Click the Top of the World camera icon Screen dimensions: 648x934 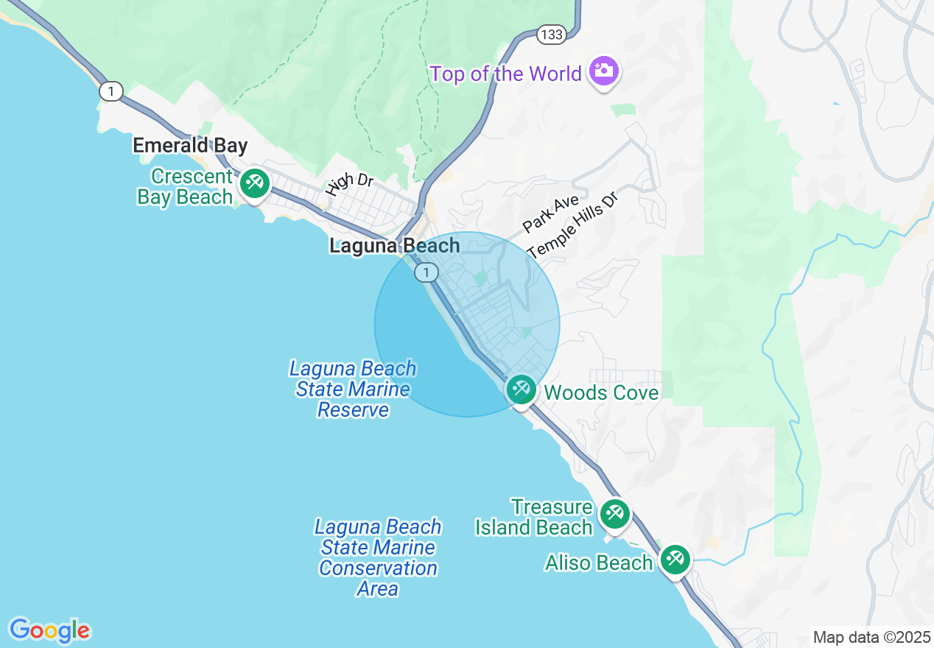[603, 71]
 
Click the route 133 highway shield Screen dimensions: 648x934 [550, 35]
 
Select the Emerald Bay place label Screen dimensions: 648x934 [190, 146]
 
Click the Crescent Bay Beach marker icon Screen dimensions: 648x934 [255, 181]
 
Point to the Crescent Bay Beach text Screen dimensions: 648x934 [186, 187]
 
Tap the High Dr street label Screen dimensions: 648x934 [350, 183]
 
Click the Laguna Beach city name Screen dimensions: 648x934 [394, 246]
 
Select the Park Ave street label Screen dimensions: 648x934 [550, 214]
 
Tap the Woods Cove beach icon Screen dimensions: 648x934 [522, 389]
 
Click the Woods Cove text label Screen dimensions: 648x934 [601, 393]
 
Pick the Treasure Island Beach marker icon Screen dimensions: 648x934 [614, 513]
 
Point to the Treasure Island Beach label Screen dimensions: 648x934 [534, 518]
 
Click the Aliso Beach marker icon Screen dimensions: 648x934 [674, 559]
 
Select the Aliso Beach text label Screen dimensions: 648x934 [598, 563]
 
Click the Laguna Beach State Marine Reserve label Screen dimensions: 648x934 [353, 390]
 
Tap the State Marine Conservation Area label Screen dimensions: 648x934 [378, 558]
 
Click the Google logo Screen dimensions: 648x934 [49, 630]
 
